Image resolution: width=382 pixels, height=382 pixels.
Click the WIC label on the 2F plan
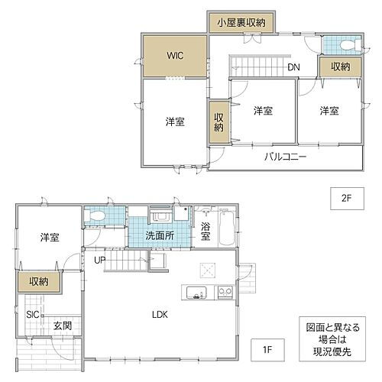click(x=175, y=56)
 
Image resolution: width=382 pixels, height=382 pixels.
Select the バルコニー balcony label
click(x=286, y=157)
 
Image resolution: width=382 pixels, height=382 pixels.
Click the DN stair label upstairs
click(x=294, y=66)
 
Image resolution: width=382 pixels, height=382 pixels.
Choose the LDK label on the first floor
click(x=159, y=314)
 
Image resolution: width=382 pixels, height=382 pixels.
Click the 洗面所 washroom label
click(x=159, y=235)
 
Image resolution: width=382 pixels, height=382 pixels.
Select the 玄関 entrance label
click(x=62, y=326)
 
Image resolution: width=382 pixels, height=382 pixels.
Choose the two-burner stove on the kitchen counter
click(x=225, y=292)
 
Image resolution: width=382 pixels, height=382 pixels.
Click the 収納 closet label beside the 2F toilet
click(x=340, y=67)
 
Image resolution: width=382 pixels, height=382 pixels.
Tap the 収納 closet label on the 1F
click(x=39, y=282)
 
